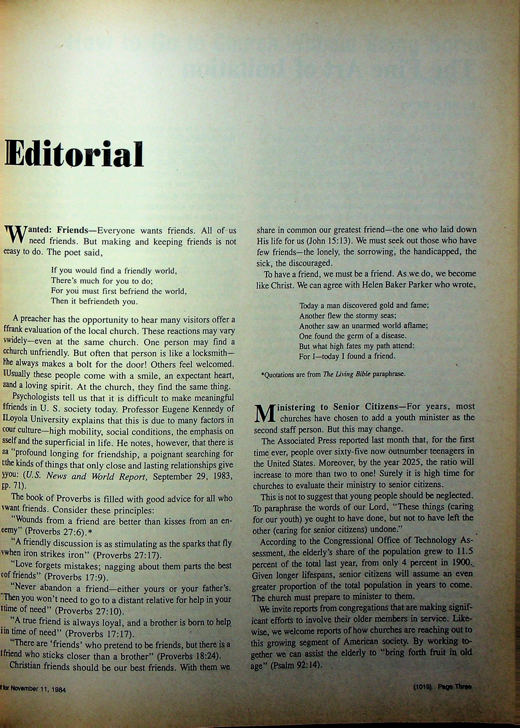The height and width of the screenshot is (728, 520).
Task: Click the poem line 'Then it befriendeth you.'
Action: pyautogui.click(x=95, y=301)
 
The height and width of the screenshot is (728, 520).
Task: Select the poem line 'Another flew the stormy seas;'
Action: pyautogui.click(x=348, y=316)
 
